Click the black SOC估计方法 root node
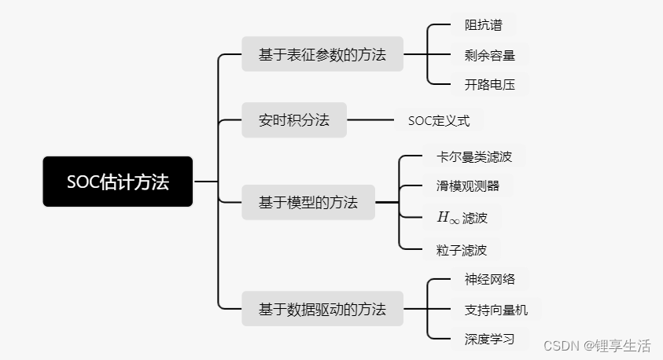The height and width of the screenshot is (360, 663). (117, 182)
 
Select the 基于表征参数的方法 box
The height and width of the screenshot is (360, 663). (322, 54)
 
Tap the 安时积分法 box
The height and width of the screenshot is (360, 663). (293, 120)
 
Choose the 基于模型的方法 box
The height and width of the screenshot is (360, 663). (308, 202)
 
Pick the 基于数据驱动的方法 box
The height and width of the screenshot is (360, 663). (322, 309)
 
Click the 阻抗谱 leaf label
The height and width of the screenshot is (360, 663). (483, 24)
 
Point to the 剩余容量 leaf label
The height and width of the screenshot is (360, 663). (490, 55)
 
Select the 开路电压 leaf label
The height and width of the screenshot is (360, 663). (490, 85)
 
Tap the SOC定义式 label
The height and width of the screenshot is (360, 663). (439, 121)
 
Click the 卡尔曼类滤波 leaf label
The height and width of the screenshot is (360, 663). (474, 156)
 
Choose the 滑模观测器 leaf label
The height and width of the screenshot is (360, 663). (468, 186)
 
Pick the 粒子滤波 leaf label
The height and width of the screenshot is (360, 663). (462, 250)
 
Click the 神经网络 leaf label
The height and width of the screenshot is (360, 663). (490, 279)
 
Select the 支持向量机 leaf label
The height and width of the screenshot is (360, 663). (496, 310)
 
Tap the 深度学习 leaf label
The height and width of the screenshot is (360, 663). (490, 340)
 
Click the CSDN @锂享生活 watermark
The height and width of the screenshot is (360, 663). (598, 346)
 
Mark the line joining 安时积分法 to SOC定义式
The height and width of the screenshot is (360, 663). (370, 120)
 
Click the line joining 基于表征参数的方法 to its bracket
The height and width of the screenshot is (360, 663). (414, 54)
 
